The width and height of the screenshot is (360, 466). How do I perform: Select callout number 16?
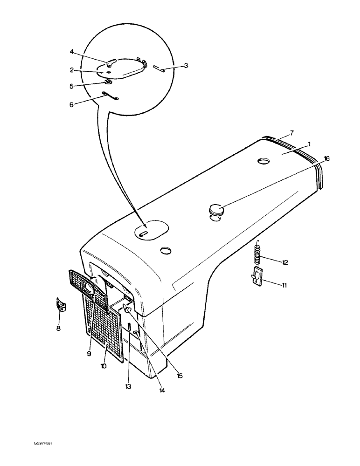click(326, 159)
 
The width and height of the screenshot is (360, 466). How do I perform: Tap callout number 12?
click(284, 262)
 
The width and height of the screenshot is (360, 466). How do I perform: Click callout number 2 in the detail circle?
click(72, 70)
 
